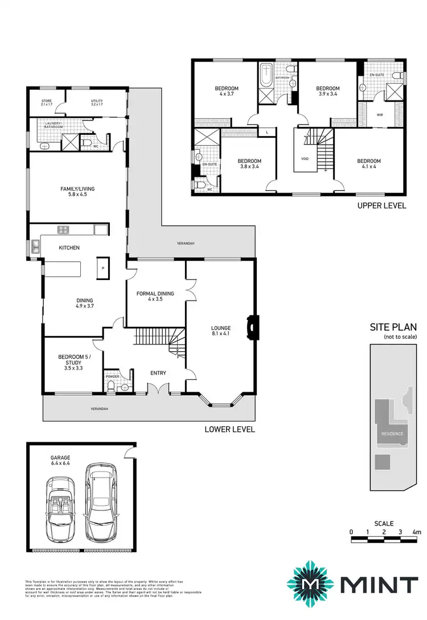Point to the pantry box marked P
(x=103, y=268)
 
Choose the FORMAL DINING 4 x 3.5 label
(x=155, y=296)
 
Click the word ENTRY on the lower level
(x=158, y=373)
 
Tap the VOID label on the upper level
(x=305, y=159)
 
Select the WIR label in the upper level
(x=380, y=114)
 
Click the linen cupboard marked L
(x=267, y=132)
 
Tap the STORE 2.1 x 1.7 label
(x=46, y=103)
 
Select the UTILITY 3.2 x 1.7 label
(x=97, y=103)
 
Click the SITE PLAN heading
(x=393, y=327)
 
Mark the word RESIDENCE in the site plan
(x=392, y=433)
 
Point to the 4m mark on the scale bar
(x=417, y=532)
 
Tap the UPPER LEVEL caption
(x=381, y=206)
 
